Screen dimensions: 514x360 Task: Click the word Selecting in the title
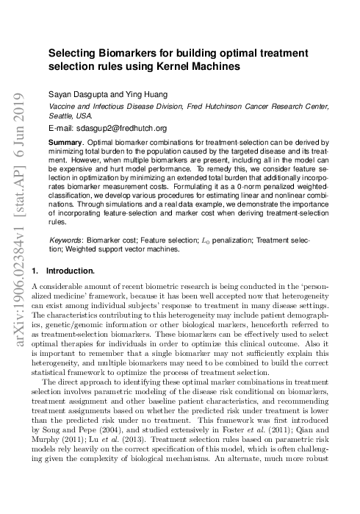[73, 54]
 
